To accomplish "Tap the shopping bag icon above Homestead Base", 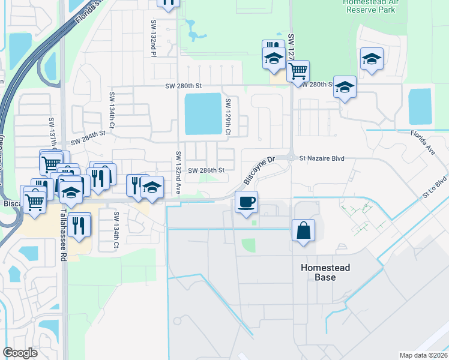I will tap(304, 230).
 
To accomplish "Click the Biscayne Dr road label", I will tap(259, 170).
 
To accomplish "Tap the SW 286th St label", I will tap(206, 170).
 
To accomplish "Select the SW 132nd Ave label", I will tap(178, 172).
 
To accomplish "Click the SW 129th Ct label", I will tap(228, 116).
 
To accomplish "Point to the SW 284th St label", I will tap(88, 142).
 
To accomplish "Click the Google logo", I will tap(20, 352).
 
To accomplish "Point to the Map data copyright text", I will tap(423, 355).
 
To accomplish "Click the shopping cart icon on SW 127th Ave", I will tap(298, 71).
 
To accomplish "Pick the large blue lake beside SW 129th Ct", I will tap(203, 113).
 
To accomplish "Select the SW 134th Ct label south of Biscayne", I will tap(116, 230).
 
